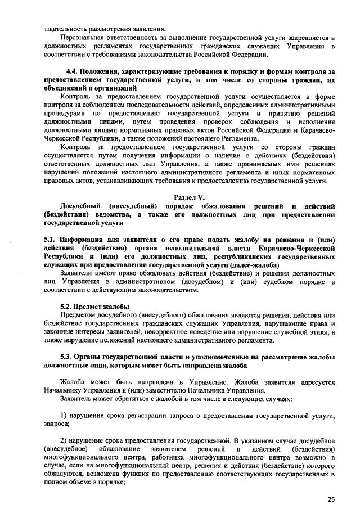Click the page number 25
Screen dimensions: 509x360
(331, 499)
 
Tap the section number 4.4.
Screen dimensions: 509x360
(72, 71)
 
